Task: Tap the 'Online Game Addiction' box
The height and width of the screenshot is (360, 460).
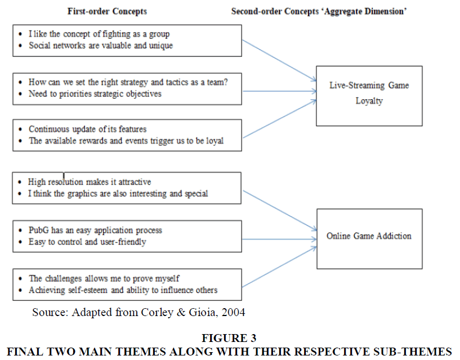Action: [369, 236]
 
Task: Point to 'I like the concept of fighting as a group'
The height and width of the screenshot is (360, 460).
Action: [100, 34]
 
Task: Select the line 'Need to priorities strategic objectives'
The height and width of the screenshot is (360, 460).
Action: [95, 94]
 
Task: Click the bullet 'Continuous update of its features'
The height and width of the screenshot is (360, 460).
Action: [88, 129]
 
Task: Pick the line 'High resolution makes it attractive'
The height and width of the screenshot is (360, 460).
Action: [90, 182]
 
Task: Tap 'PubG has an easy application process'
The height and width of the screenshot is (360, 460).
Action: [95, 230]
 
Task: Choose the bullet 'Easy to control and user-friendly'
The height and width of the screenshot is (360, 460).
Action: [87, 242]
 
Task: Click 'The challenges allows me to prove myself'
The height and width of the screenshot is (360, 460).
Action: [104, 278]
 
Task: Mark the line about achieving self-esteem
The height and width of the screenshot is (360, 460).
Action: [123, 290]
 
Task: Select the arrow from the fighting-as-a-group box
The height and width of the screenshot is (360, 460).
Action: [279, 61]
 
